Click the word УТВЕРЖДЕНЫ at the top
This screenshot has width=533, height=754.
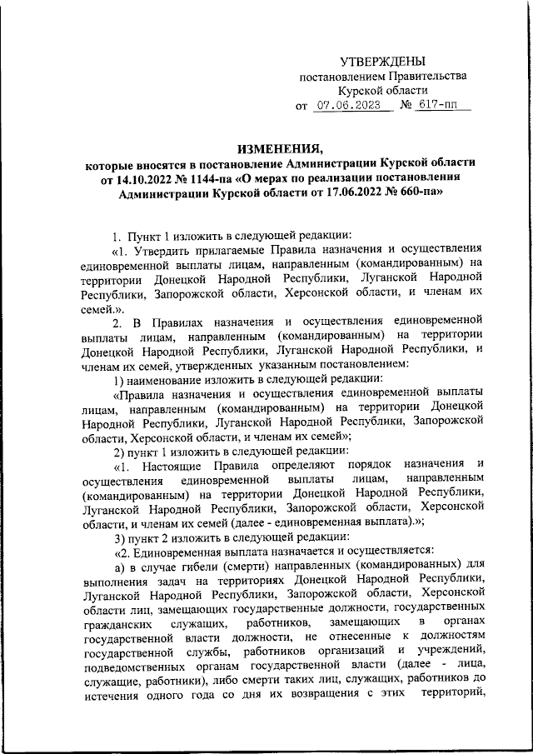[383, 61]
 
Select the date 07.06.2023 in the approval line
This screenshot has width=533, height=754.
[350, 106]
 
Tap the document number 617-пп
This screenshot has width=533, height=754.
[447, 106]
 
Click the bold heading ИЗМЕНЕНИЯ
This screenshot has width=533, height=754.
[281, 147]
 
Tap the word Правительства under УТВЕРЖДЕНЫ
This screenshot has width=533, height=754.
[423, 76]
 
